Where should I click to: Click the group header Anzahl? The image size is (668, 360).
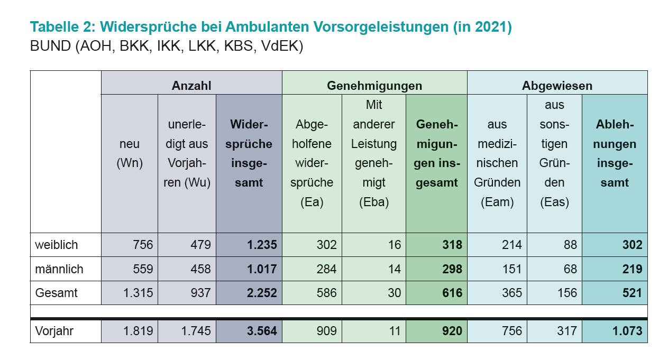(x=191, y=86)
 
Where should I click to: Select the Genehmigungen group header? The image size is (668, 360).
(x=374, y=86)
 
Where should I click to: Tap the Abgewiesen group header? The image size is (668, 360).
(x=557, y=86)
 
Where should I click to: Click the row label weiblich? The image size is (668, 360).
(x=57, y=245)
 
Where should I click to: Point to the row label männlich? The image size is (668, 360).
(x=59, y=269)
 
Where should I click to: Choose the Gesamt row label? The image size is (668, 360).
(x=57, y=293)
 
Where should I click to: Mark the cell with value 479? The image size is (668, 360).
(x=200, y=245)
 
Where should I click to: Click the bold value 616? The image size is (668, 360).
(x=452, y=293)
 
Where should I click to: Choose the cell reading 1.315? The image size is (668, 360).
(x=138, y=293)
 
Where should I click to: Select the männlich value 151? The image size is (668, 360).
(x=512, y=269)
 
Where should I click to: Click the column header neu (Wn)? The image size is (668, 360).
(x=130, y=153)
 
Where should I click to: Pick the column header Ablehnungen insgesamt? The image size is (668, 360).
(x=615, y=153)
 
